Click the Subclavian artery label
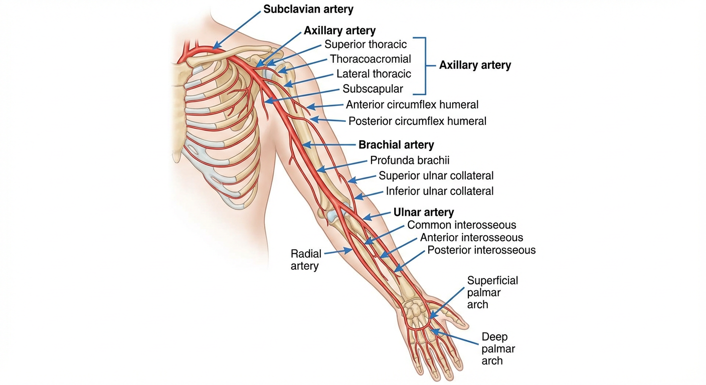point(308,10)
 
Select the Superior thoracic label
point(366,45)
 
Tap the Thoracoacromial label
point(370,59)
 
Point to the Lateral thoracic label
point(374,74)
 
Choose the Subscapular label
point(373,89)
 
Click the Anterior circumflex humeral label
point(412,105)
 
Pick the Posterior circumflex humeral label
point(417,121)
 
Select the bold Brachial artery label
point(396,145)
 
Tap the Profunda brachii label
point(410,160)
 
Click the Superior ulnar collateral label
point(436,176)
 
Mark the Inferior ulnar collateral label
point(439,191)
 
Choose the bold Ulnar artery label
point(424,213)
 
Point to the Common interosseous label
point(461,226)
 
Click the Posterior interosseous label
point(481,250)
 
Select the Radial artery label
point(305,260)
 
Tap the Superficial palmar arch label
point(492,292)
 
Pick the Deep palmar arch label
point(498,348)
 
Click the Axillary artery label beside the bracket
point(475,65)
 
